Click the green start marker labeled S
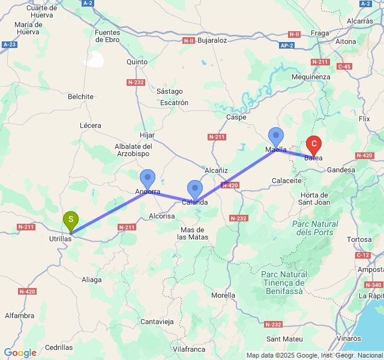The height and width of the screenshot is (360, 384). click(71, 220)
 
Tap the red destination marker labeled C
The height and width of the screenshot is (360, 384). click(314, 145)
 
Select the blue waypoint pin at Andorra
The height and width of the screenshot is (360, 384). click(148, 179)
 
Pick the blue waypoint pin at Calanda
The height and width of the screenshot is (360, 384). click(194, 189)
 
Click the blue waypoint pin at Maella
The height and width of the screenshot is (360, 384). click(276, 137)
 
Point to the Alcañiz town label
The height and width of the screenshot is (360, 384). click(216, 171)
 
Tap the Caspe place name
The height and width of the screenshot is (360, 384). click(237, 117)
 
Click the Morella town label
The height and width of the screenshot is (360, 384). click(224, 296)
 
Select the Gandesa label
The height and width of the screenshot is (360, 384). click(341, 170)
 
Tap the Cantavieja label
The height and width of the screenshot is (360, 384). click(157, 322)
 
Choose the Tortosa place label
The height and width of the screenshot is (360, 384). click(359, 239)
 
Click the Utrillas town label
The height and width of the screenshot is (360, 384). click(60, 239)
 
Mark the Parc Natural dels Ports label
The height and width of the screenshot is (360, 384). click(315, 228)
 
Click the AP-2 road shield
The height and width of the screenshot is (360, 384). click(287, 45)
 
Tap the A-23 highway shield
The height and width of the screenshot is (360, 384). click(9, 44)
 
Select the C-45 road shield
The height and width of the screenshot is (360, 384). click(344, 66)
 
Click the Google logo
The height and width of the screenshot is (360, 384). click(20, 353)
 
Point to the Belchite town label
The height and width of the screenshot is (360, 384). click(80, 97)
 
